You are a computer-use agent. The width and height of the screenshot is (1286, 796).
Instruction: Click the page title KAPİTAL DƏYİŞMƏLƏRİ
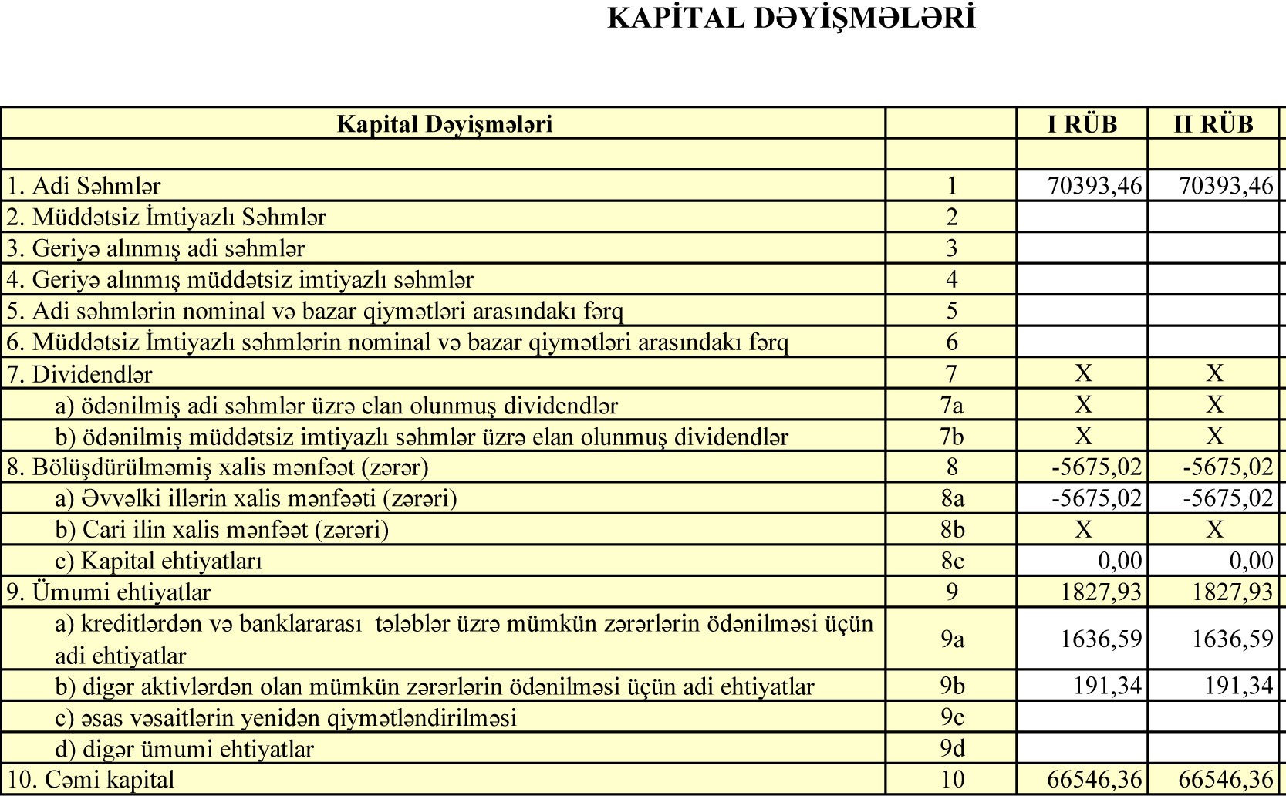(792, 18)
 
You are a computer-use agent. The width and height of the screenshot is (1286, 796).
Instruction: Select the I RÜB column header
(1082, 124)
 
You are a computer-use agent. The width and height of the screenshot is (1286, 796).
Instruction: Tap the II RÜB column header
(1213, 124)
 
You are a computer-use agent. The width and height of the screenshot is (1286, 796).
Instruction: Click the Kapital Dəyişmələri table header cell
(444, 124)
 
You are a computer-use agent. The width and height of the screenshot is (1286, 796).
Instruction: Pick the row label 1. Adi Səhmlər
(84, 186)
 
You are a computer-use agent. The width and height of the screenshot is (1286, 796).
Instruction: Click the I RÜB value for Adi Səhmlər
(1094, 186)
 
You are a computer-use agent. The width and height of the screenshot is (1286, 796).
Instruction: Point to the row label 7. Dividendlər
(79, 374)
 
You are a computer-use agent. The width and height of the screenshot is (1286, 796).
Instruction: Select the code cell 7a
(951, 406)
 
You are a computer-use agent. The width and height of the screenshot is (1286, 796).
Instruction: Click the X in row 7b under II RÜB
(1214, 437)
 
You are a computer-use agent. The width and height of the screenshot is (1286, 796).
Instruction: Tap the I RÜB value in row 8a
(1096, 498)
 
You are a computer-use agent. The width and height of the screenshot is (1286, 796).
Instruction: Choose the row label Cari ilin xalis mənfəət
(222, 530)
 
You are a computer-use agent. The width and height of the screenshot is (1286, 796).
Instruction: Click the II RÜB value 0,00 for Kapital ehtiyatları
(1251, 561)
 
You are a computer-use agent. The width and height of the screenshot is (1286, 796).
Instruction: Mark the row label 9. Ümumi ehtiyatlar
(109, 592)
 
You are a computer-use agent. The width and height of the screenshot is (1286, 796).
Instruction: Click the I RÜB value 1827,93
(1101, 592)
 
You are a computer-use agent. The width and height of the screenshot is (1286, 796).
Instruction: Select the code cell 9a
(951, 639)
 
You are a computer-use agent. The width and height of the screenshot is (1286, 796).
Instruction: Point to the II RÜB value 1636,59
(1232, 639)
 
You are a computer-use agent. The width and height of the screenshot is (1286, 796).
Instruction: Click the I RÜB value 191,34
(1107, 686)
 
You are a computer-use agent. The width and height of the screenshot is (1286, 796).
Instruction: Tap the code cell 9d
(951, 749)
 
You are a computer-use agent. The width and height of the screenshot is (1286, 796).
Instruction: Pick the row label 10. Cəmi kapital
(91, 780)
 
